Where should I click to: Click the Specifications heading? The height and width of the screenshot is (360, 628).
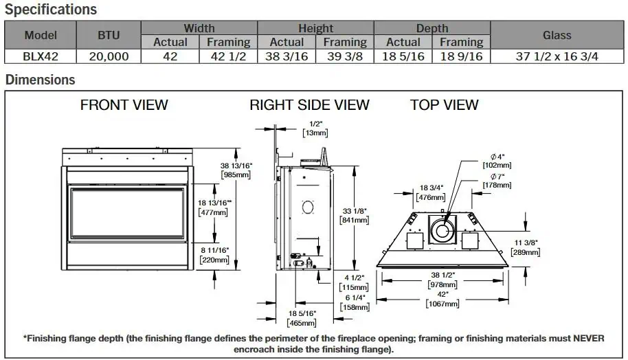(52, 10)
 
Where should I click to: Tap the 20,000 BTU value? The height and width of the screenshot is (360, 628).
(109, 56)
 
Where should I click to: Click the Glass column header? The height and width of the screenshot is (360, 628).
(557, 35)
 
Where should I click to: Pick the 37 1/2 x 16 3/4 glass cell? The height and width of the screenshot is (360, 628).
(557, 56)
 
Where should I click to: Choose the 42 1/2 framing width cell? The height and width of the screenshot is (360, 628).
(228, 56)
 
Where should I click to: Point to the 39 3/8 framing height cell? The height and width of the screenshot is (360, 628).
(345, 56)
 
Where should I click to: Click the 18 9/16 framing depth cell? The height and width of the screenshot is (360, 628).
(461, 56)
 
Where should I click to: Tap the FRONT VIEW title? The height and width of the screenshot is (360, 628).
(124, 105)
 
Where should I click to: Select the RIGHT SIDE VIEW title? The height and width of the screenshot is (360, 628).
(309, 105)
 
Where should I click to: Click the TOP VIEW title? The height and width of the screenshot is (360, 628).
(444, 105)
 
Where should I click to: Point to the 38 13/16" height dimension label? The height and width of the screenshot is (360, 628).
(236, 166)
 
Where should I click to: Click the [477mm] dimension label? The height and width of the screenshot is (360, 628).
(212, 212)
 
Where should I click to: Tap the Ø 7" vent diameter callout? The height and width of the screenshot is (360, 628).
(496, 176)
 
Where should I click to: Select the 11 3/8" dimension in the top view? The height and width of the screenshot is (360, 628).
(526, 243)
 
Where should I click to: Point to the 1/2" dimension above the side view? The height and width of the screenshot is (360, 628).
(315, 124)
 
